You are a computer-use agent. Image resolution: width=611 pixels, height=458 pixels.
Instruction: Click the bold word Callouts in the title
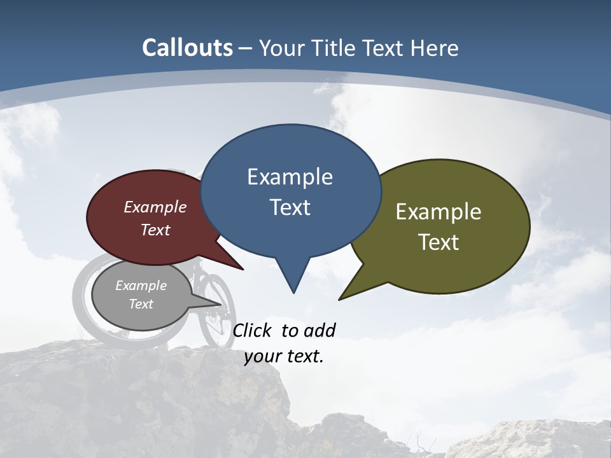point(188,48)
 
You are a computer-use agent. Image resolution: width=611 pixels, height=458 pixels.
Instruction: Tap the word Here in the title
point(435,48)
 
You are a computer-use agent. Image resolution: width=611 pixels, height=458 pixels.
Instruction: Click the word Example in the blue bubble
point(290,177)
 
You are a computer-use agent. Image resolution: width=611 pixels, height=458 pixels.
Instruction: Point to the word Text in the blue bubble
point(290,207)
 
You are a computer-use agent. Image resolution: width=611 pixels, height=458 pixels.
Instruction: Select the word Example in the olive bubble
point(439,212)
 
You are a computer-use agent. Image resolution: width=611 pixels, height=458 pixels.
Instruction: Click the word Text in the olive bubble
point(439,242)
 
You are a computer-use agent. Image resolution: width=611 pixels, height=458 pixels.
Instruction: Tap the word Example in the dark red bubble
point(155,207)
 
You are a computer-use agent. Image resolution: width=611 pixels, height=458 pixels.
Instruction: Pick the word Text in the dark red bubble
point(155,230)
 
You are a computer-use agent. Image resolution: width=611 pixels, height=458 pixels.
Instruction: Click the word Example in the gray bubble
point(141,286)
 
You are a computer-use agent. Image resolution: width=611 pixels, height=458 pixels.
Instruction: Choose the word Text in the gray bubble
point(141,304)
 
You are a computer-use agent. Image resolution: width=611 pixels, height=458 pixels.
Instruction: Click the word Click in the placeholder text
point(252,330)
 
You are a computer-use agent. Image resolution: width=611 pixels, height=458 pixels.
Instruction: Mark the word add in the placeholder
point(320,330)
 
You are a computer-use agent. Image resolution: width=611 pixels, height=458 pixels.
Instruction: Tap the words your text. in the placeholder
point(284,357)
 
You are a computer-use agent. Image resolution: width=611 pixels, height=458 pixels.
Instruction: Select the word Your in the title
point(281,48)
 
